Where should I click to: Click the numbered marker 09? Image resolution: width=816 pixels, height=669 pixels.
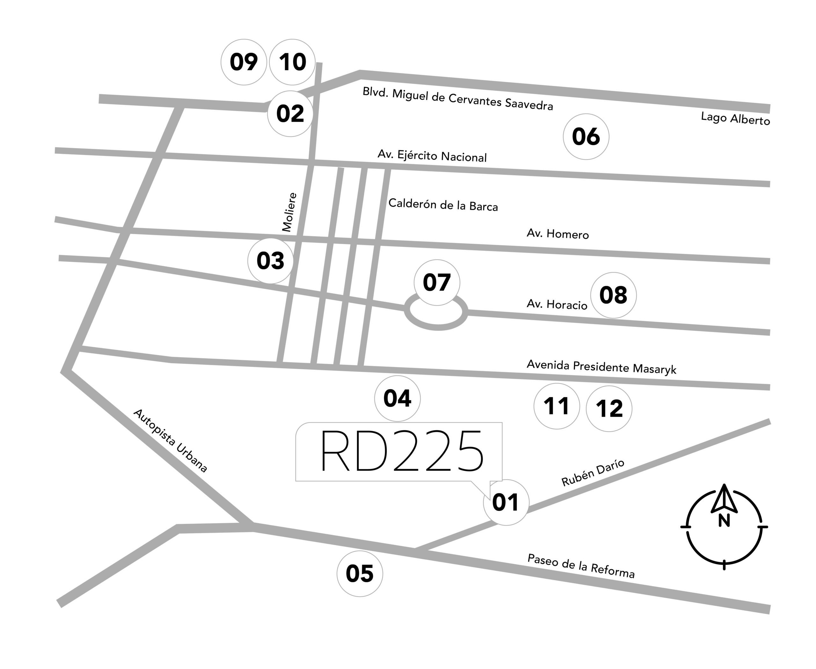tap(244, 62)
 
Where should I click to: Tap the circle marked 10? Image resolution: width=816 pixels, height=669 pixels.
tap(292, 62)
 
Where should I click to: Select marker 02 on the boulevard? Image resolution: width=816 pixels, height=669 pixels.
tap(290, 114)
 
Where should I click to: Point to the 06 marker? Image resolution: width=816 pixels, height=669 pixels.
tap(586, 136)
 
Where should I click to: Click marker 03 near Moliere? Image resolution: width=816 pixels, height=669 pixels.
tap(270, 261)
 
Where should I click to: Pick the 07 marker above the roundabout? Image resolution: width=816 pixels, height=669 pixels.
tap(437, 283)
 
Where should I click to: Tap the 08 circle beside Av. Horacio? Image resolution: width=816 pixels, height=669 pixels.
tap(614, 295)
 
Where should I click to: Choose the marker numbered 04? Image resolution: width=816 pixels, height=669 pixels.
tap(397, 399)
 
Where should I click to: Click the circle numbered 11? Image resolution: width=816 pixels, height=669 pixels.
tap(557, 406)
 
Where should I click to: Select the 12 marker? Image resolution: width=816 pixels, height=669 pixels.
tap(609, 408)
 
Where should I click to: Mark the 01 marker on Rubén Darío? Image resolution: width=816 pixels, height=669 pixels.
tap(506, 502)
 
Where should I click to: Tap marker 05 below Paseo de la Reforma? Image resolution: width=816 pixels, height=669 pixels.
tap(360, 573)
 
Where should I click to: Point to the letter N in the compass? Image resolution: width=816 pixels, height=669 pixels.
tap(724, 521)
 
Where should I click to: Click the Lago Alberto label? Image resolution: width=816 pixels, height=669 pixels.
tap(735, 118)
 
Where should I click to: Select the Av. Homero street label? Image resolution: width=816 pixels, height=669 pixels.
tap(557, 234)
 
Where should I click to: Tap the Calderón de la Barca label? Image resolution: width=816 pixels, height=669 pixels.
tap(443, 205)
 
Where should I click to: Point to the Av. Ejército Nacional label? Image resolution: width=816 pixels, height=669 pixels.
tap(432, 155)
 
